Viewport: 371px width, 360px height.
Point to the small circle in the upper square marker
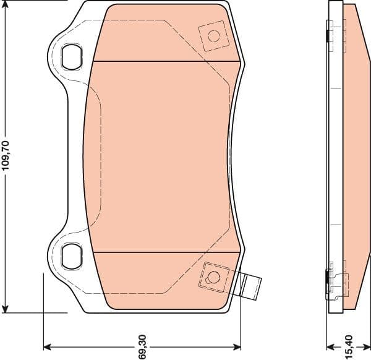(x=213, y=35)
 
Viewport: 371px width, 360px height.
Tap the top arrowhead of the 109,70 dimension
(x=6, y=5)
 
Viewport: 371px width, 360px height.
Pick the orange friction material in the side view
(x=356, y=155)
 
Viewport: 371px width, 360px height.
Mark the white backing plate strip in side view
(x=335, y=155)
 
